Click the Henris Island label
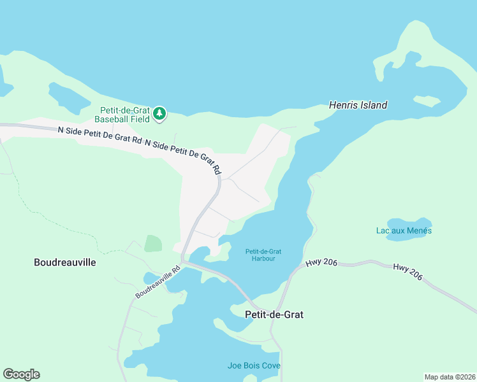click(x=358, y=105)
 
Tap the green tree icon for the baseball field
click(x=159, y=114)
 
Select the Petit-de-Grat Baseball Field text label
click(x=122, y=114)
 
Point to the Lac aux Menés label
click(x=403, y=230)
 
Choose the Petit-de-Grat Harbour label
click(x=263, y=255)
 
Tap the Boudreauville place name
click(x=64, y=262)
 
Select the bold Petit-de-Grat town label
click(x=274, y=315)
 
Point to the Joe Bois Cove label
click(x=254, y=365)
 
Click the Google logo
click(x=21, y=374)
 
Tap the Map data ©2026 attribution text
click(x=450, y=376)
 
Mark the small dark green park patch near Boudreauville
click(x=153, y=243)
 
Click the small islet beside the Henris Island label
click(x=426, y=101)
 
